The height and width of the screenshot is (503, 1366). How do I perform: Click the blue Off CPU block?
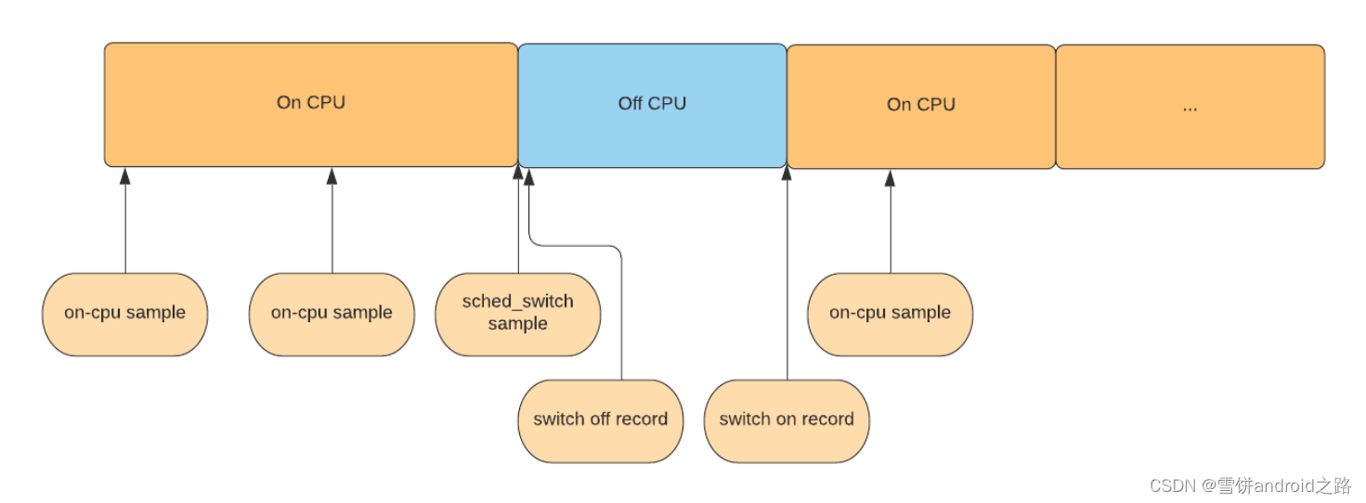click(652, 105)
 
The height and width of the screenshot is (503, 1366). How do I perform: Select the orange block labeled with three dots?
click(1190, 106)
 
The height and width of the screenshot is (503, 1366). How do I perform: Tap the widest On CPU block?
click(310, 104)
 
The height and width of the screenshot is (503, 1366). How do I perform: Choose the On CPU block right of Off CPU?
click(920, 106)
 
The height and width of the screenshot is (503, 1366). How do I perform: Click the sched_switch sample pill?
click(517, 314)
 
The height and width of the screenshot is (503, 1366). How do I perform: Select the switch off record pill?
click(600, 420)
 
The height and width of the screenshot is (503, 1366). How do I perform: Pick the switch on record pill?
click(786, 420)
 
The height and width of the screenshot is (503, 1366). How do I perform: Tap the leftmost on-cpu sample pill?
click(124, 314)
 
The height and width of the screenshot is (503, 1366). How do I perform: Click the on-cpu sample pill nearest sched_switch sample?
click(332, 314)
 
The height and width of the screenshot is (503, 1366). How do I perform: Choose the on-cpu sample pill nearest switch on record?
click(890, 314)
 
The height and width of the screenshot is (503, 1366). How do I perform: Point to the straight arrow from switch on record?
click(787, 278)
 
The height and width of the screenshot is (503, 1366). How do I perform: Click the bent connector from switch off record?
click(621, 306)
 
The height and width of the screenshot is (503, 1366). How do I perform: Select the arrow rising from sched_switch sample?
click(518, 223)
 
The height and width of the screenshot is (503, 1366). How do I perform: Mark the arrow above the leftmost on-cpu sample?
click(125, 223)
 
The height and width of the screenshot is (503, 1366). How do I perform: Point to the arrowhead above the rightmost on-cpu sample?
click(890, 177)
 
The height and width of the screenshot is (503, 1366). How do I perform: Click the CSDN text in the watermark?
click(1172, 486)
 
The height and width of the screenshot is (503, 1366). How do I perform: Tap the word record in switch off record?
click(643, 419)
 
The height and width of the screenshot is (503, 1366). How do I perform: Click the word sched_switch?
click(517, 302)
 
